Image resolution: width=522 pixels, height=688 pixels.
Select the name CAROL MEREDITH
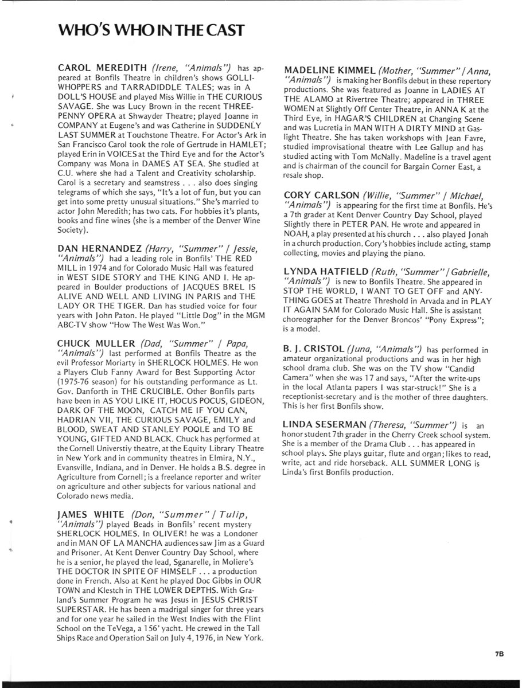coord(102,68)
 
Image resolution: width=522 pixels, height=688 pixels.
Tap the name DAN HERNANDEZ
coord(99,248)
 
